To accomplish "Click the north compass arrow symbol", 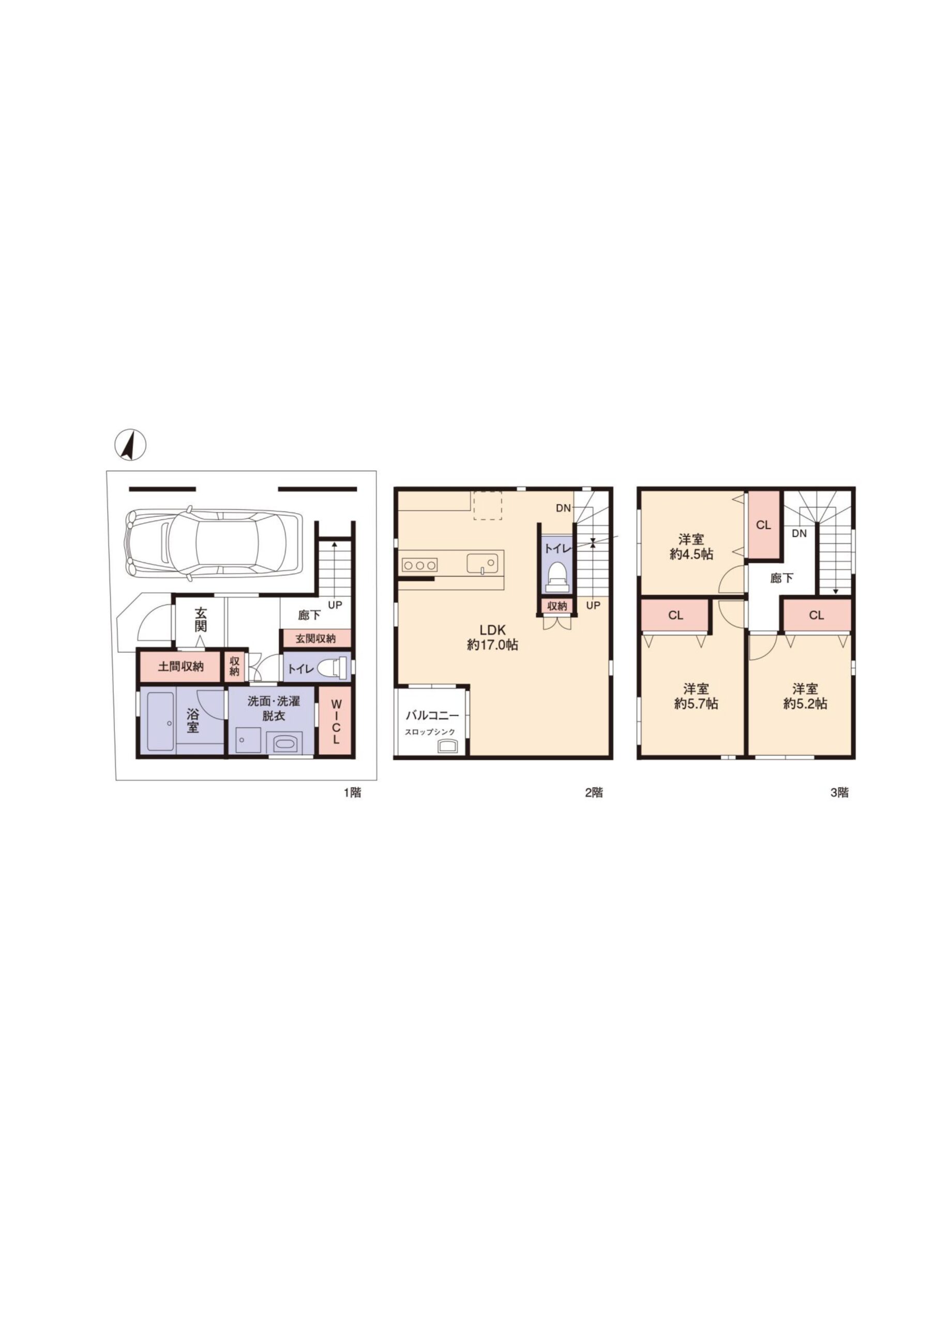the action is pos(130,445).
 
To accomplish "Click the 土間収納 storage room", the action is pos(180,667).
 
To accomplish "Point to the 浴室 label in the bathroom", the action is pos(192,720).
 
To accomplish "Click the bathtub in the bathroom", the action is pos(162,723).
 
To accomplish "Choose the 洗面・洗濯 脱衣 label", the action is pos(274,709).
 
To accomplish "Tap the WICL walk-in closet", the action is pos(335,721).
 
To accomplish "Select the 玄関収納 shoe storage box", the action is pos(316,638).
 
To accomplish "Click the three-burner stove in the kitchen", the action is pos(419,565).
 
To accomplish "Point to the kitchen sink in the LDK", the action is pos(481,563).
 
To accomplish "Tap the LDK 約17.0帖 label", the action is pos(492,637).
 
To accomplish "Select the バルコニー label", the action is pos(432,716).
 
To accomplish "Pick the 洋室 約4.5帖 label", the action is pos(691,547).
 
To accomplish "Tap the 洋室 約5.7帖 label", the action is pos(696,696).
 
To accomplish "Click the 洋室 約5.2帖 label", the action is pos(805,696).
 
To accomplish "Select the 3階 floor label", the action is pos(839,792).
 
